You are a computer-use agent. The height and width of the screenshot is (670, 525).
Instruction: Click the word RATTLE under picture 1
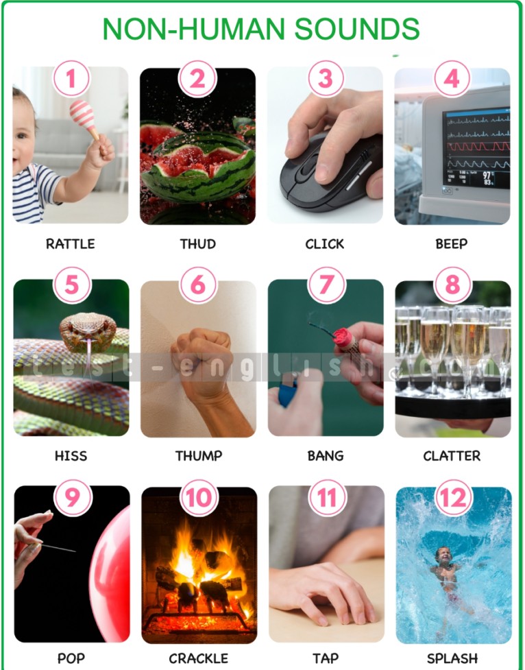pos(71,243)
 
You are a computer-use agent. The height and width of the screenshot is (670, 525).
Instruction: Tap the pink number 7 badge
pos(326,285)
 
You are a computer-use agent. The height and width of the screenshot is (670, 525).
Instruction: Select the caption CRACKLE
pos(198,658)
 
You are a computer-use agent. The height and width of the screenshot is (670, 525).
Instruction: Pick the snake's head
pos(88,328)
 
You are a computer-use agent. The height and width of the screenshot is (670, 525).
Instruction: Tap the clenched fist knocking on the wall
pos(202,358)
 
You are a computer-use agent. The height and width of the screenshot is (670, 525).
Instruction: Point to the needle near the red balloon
pos(59,547)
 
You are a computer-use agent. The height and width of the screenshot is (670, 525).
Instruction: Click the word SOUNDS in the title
pos(356,29)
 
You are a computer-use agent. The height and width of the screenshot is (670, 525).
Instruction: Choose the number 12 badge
pos(453,498)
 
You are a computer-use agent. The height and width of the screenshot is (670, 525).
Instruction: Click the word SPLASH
pos(452,658)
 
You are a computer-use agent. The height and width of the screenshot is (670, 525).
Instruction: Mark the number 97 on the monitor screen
pos(487,175)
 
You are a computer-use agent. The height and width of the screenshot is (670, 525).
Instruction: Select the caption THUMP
pos(199,456)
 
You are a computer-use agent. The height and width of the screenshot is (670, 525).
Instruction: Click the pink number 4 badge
pos(452,79)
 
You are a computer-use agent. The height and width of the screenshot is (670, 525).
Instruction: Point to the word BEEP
pos(452,243)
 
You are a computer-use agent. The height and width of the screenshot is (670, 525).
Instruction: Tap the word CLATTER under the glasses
pos(452,456)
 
